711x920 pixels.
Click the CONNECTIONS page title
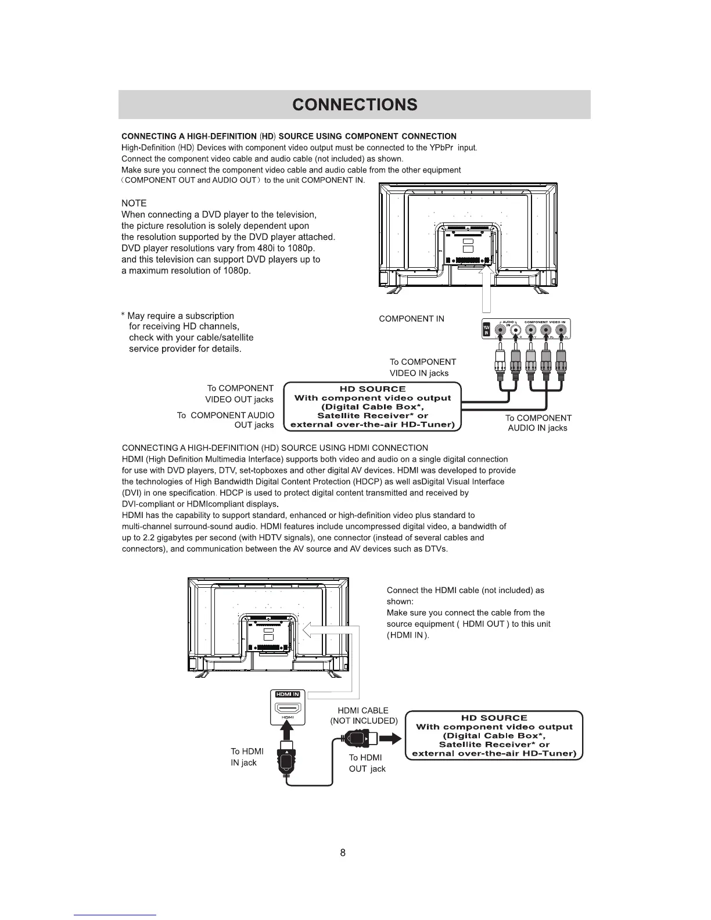[355, 105]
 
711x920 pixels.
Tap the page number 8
[343, 853]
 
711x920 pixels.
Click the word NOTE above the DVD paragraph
[134, 203]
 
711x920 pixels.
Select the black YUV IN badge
[486, 330]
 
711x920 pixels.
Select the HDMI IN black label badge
[288, 694]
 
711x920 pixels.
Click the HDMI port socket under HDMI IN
[288, 709]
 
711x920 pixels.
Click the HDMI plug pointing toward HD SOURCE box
[357, 739]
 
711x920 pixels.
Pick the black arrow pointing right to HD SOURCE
[390, 739]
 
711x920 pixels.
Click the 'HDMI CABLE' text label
[363, 711]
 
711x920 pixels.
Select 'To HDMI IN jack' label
[247, 757]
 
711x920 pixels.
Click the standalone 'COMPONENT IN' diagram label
[411, 319]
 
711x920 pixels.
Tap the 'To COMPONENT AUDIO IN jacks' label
[538, 423]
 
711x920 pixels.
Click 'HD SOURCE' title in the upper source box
[372, 389]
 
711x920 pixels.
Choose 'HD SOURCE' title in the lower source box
[494, 718]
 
